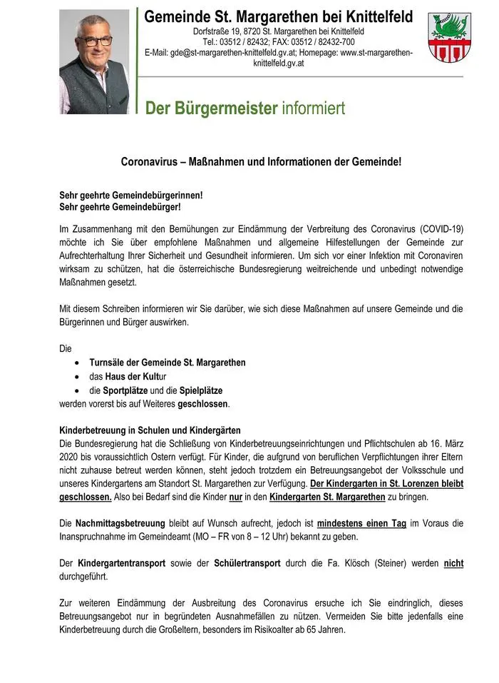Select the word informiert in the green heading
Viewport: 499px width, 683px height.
(314, 108)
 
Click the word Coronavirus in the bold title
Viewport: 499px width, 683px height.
(149, 162)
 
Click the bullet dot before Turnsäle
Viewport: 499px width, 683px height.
(77, 363)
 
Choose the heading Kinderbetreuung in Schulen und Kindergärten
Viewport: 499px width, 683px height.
(150, 430)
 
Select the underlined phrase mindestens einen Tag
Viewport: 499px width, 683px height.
(361, 523)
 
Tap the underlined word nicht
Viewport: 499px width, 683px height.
(453, 564)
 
